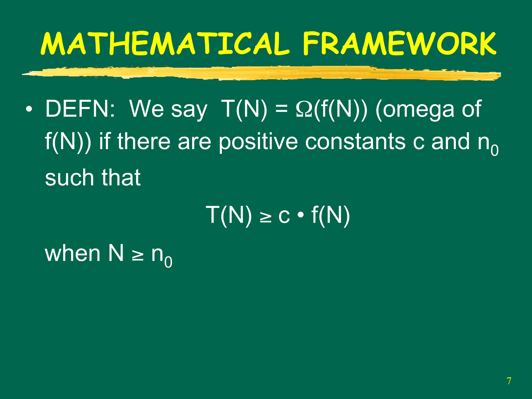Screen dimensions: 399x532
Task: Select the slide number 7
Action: click(x=509, y=381)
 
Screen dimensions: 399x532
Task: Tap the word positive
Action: click(x=258, y=142)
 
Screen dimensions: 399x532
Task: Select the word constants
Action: click(x=355, y=142)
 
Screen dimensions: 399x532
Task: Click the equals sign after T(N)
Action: click(x=282, y=109)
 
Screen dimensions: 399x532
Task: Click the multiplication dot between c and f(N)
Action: click(x=301, y=215)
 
